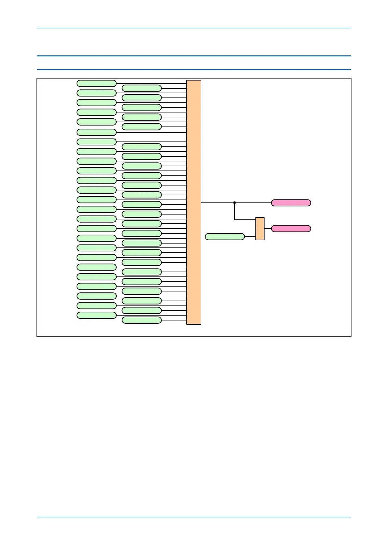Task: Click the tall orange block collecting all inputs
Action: pyautogui.click(x=194, y=202)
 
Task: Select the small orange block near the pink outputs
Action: pyautogui.click(x=260, y=229)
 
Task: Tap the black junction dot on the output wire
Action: pyautogui.click(x=235, y=203)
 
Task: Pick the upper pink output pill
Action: pyautogui.click(x=291, y=203)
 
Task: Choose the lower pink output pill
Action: pyautogui.click(x=291, y=229)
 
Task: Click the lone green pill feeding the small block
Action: pyautogui.click(x=225, y=237)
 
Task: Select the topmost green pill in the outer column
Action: pyautogui.click(x=96, y=83)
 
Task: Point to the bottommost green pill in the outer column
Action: pyautogui.click(x=96, y=315)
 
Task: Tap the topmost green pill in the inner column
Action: pyautogui.click(x=142, y=88)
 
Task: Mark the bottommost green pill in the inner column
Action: pyautogui.click(x=142, y=320)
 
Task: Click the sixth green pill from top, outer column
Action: pyautogui.click(x=96, y=132)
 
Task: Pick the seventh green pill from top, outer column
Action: pyautogui.click(x=96, y=142)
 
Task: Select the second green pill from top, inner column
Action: pyautogui.click(x=142, y=98)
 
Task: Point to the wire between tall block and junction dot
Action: pyautogui.click(x=218, y=203)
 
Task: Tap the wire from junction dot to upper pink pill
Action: pyautogui.click(x=253, y=203)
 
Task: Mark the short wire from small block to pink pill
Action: pyautogui.click(x=267, y=229)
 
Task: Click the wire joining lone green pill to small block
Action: pyautogui.click(x=250, y=237)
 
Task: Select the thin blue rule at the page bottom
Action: pyautogui.click(x=194, y=517)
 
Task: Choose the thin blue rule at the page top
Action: pyautogui.click(x=194, y=28)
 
